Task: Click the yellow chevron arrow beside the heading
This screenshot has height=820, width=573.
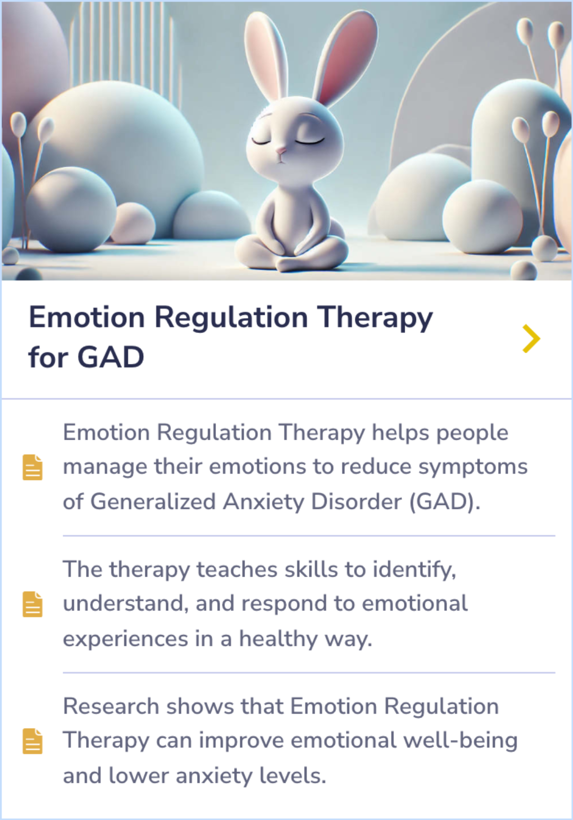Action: (x=531, y=339)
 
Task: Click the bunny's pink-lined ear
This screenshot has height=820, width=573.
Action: (x=348, y=58)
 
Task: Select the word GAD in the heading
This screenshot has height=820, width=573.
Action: (x=111, y=357)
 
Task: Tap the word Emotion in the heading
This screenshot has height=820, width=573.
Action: (x=86, y=318)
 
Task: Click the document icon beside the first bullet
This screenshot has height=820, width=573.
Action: (x=32, y=467)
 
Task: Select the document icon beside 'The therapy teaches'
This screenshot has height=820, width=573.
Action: (x=32, y=604)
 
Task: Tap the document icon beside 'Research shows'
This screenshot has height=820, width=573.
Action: (x=32, y=741)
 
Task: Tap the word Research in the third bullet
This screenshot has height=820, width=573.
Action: (x=111, y=707)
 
